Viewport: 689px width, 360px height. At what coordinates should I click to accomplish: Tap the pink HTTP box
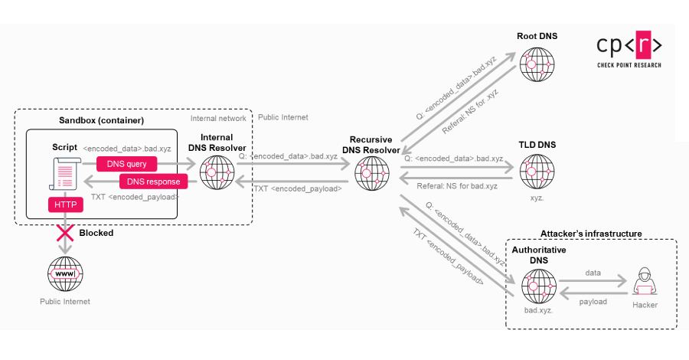pos(65,205)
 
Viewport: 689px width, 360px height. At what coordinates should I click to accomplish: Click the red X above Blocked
pos(65,232)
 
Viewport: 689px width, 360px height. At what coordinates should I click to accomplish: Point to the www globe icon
pos(65,273)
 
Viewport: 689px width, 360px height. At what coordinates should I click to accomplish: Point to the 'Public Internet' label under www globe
pos(65,302)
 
